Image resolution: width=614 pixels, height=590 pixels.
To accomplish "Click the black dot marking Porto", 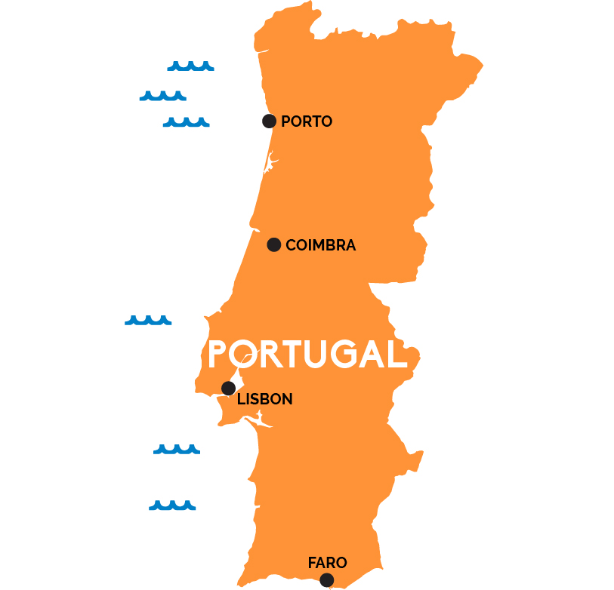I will coord(269,121).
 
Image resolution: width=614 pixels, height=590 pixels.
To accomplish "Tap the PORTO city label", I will coord(307,121).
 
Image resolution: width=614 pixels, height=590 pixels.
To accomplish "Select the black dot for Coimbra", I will coord(274,244).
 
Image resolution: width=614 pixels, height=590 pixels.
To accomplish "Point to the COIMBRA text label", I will coord(321,245).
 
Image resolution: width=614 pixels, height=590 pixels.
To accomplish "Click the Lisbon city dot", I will coord(228,388).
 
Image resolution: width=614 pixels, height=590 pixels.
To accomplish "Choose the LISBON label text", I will coord(265,400).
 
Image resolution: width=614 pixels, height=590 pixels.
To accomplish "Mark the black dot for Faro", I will coord(326,579).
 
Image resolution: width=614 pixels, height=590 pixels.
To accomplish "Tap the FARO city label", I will coord(328,563).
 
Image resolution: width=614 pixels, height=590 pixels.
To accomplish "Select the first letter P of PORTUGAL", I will coord(218,354).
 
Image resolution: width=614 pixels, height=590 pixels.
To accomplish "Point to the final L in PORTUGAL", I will coord(398,354).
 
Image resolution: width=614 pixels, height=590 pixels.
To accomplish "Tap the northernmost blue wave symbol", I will coord(190,66).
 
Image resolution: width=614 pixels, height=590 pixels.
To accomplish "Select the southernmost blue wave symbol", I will coord(172,505).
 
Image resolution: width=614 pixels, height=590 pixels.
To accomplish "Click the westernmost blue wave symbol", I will coord(148,320).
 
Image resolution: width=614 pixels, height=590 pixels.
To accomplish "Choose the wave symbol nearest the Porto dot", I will coord(186,121).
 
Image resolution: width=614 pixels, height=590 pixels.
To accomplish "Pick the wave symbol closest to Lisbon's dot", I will coord(177,449).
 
